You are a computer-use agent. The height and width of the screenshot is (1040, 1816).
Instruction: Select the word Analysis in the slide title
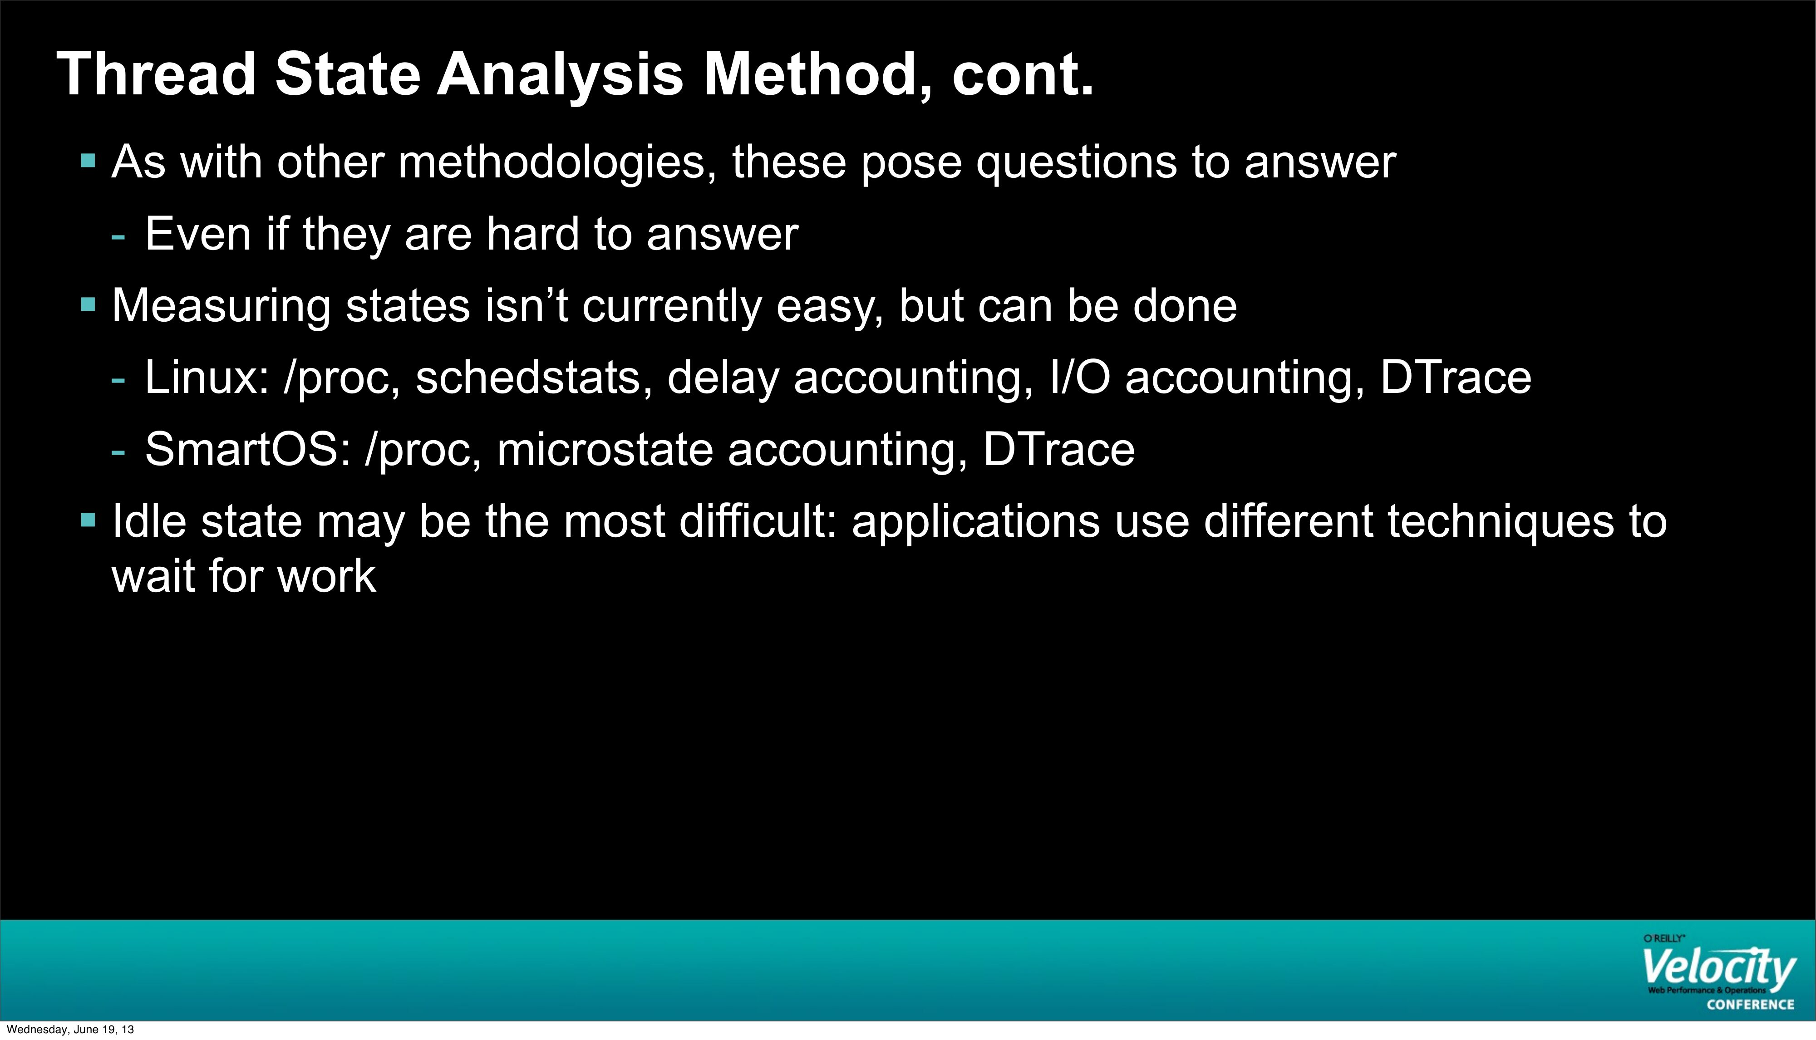[x=560, y=74]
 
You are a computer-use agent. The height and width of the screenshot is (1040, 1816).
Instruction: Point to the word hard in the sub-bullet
[x=532, y=234]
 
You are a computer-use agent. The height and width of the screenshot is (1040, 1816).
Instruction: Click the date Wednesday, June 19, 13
[x=70, y=1029]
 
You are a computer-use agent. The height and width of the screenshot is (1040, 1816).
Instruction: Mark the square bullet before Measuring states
[x=89, y=304]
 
